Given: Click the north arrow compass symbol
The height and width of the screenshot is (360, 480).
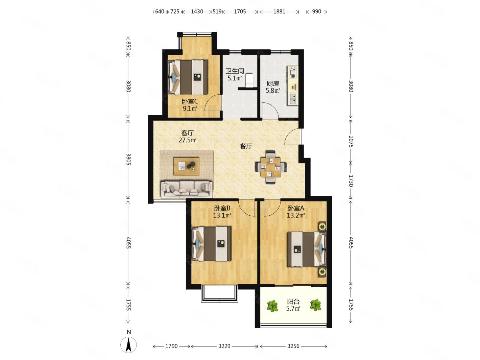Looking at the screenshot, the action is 128,345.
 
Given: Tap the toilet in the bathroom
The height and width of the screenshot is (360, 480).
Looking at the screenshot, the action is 249,80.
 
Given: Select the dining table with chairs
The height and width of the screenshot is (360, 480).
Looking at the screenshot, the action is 270,167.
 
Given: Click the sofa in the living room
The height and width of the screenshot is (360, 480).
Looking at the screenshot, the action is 187,189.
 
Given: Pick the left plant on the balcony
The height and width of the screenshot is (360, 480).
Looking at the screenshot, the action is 272,306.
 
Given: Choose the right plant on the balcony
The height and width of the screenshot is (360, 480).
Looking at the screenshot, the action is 315,305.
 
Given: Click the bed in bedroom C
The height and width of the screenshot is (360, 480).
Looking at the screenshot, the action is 188,77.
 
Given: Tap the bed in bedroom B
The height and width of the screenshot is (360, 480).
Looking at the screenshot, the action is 211,244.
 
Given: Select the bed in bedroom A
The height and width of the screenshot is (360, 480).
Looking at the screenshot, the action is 307,249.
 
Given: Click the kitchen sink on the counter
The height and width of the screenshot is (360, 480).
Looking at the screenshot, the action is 292,99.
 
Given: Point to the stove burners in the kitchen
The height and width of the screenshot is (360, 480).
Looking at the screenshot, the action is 292,72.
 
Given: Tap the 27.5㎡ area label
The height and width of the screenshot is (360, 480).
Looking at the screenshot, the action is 187,140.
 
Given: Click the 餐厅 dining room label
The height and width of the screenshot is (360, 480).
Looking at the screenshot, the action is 246,146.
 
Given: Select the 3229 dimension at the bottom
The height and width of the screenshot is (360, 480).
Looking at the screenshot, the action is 224,346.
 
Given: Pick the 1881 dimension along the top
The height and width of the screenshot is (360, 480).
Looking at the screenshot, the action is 279,11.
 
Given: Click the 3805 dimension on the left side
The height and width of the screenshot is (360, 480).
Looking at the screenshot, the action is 128,159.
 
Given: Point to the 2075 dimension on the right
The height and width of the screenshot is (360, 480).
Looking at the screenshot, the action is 351,141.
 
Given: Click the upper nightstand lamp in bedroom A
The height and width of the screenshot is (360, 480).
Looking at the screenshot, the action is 322,226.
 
